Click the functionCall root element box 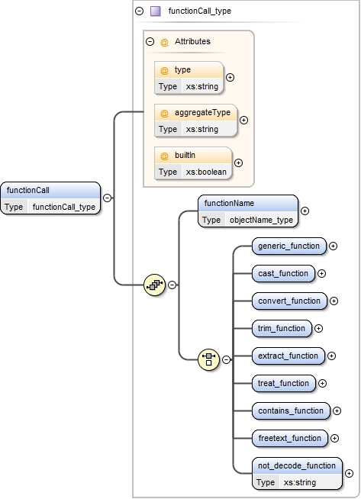[x=50, y=198]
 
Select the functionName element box [x=248, y=211]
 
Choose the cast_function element [x=283, y=273]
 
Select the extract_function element [x=288, y=356]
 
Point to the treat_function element [x=283, y=383]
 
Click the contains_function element [x=291, y=410]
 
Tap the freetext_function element [x=290, y=438]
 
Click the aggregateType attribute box [x=196, y=120]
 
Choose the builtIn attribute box [x=193, y=163]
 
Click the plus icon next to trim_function [x=319, y=328]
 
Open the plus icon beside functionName [x=305, y=211]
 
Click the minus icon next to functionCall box [x=107, y=198]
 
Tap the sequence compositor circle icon [x=155, y=285]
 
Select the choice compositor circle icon [x=208, y=358]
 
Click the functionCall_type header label [x=199, y=11]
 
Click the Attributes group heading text [x=192, y=41]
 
